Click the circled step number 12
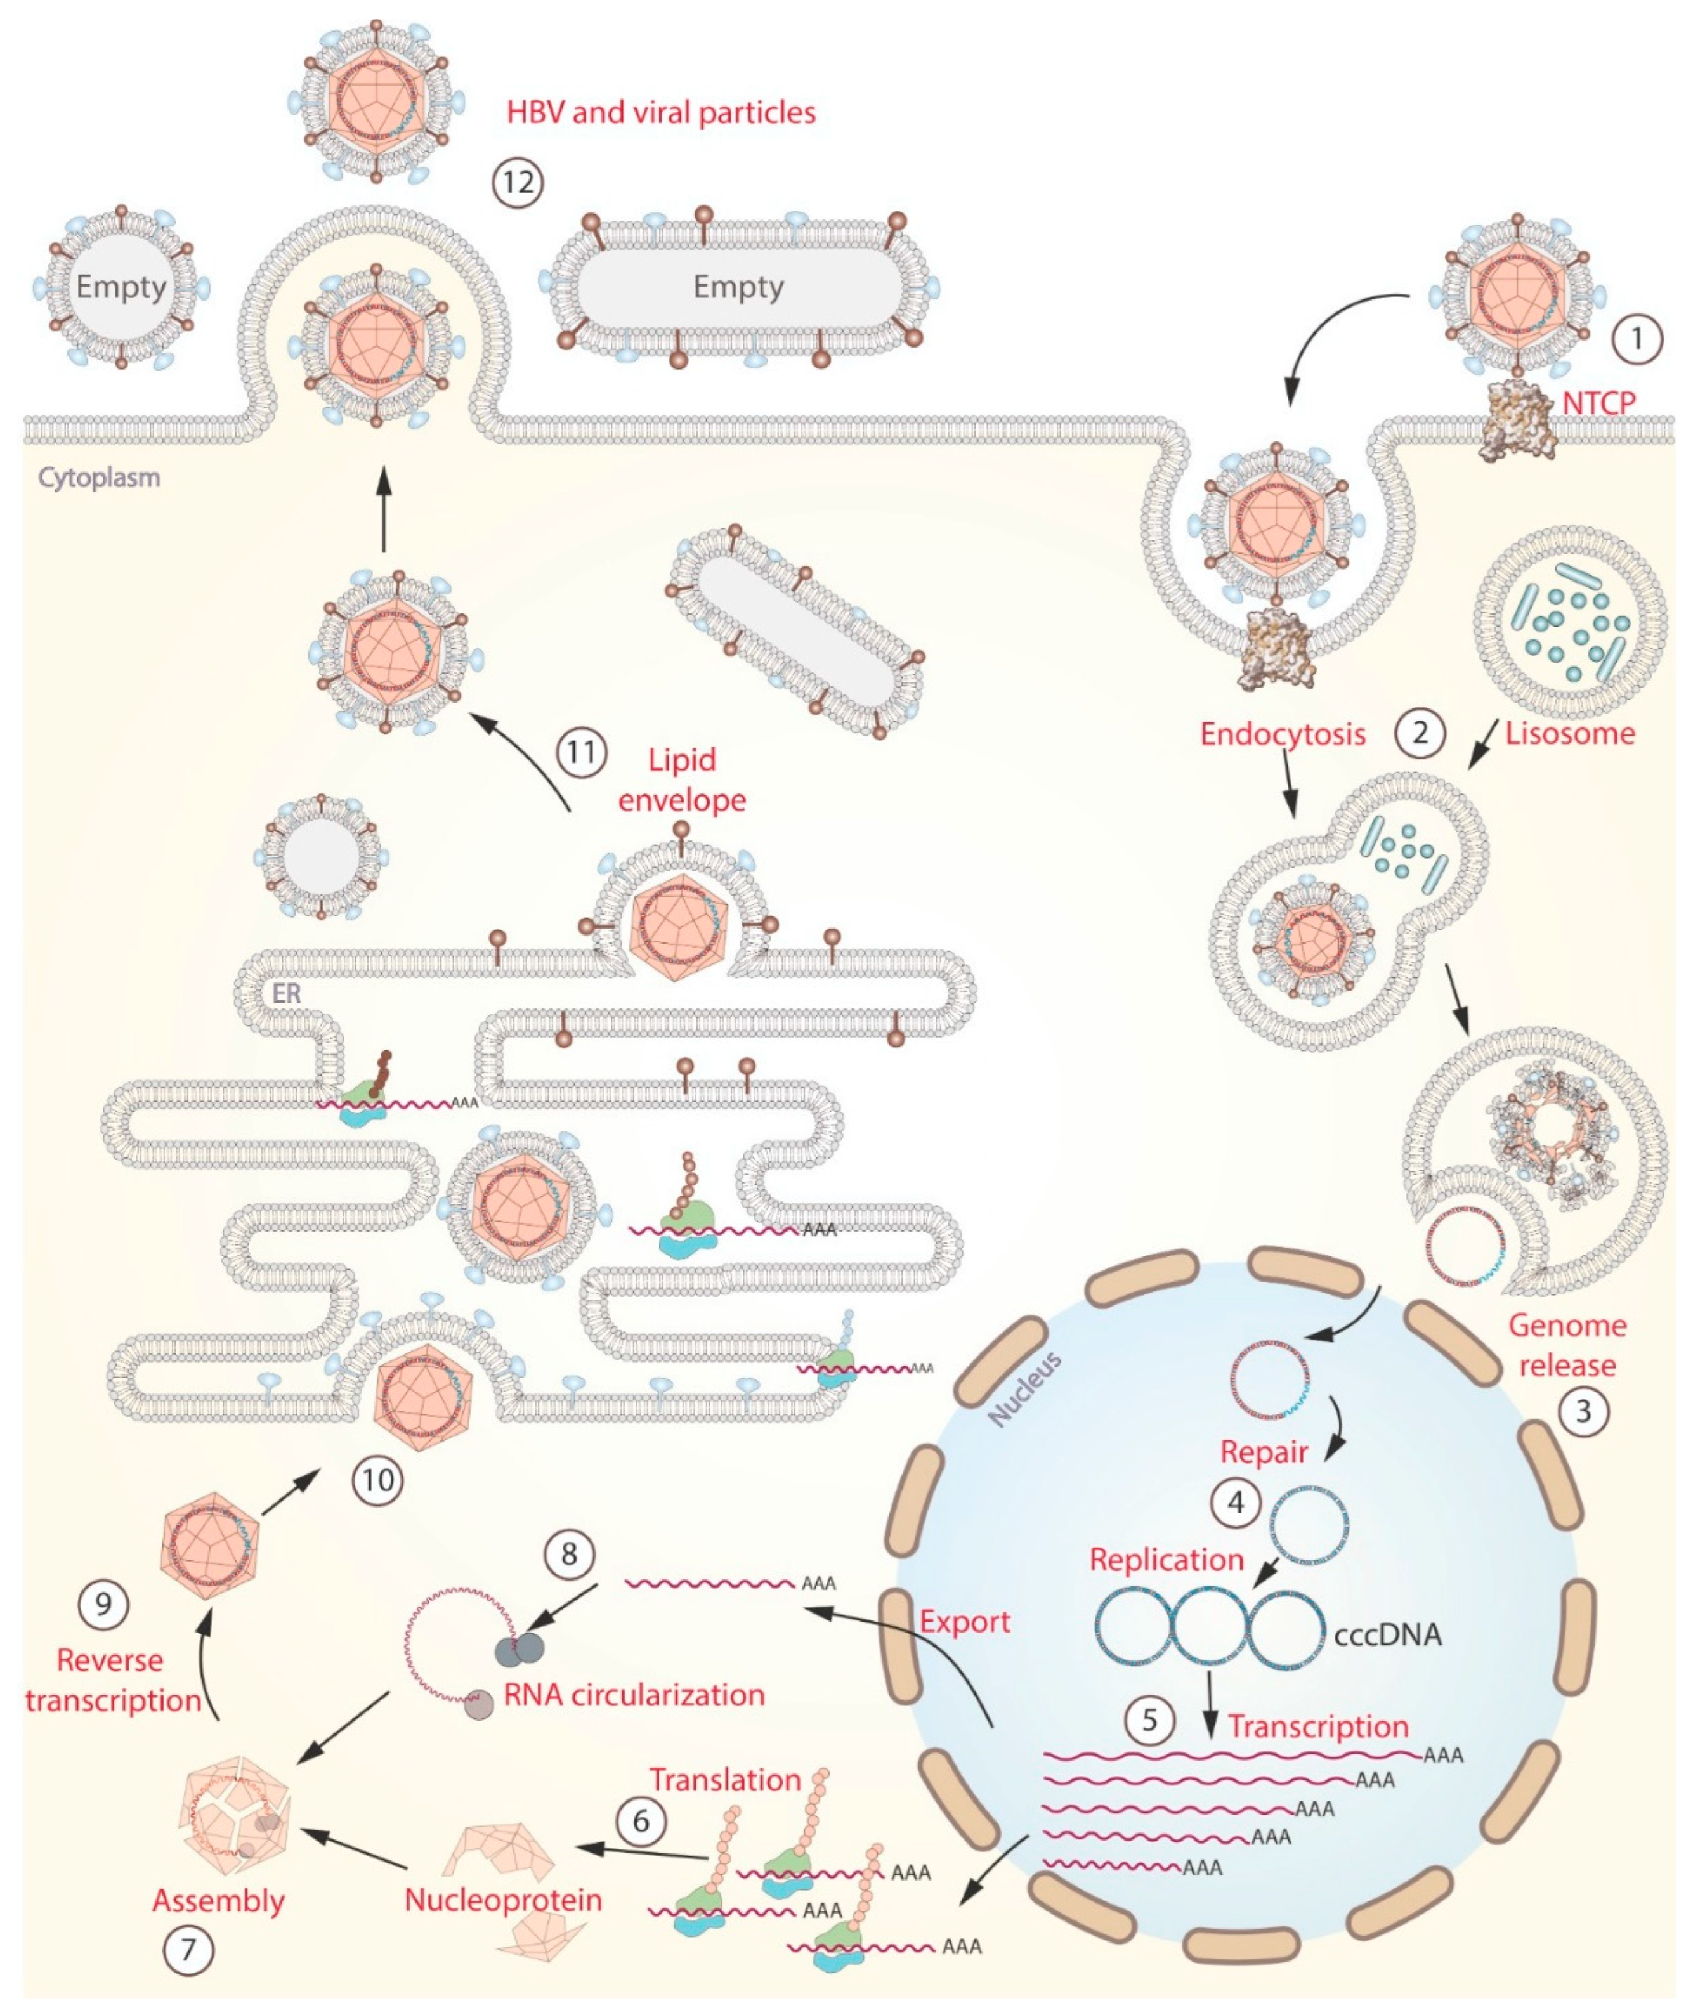point(518,182)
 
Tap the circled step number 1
point(1638,339)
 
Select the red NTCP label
point(1598,403)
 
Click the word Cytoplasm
point(99,477)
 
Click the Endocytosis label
point(1283,735)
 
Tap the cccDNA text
point(1388,1635)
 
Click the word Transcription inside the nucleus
point(1319,1727)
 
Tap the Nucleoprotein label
point(503,1900)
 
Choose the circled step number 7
point(188,1950)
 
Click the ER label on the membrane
point(287,993)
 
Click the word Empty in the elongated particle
point(738,287)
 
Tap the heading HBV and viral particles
point(661,114)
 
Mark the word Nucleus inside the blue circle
point(1026,1388)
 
